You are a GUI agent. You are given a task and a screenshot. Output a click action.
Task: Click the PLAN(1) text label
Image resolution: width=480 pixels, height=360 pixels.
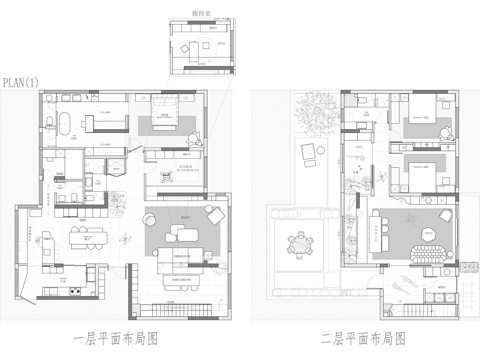point(20,81)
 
